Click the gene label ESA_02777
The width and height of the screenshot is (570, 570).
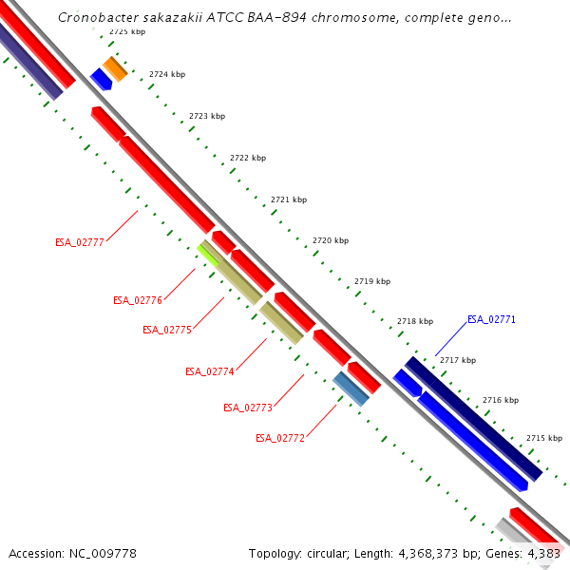pyautogui.click(x=79, y=242)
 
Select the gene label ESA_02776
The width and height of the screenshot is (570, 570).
pyautogui.click(x=138, y=300)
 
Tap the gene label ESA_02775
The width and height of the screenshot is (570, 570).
pyautogui.click(x=167, y=330)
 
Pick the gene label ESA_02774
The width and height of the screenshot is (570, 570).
pyautogui.click(x=209, y=371)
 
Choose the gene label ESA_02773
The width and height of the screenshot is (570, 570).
pyautogui.click(x=247, y=408)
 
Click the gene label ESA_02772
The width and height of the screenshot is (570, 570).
pyautogui.click(x=280, y=438)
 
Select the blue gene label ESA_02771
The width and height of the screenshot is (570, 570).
pyautogui.click(x=491, y=319)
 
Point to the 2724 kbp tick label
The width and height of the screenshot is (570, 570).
pyautogui.click(x=167, y=74)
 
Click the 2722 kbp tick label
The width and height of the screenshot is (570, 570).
pyautogui.click(x=248, y=158)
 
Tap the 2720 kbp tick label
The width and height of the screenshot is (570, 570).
pyautogui.click(x=331, y=241)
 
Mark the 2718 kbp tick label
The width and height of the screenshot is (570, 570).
pyautogui.click(x=415, y=321)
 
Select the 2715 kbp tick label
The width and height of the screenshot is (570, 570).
pyautogui.click(x=544, y=438)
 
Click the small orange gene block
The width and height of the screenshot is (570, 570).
pyautogui.click(x=115, y=68)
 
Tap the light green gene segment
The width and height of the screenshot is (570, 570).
pyautogui.click(x=208, y=253)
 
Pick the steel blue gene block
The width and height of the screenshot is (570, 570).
pyautogui.click(x=351, y=389)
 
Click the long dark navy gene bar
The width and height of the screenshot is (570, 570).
pyautogui.click(x=473, y=418)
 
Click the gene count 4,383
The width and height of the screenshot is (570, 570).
pyautogui.click(x=541, y=553)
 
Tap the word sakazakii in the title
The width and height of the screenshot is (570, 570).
pyautogui.click(x=153, y=17)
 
